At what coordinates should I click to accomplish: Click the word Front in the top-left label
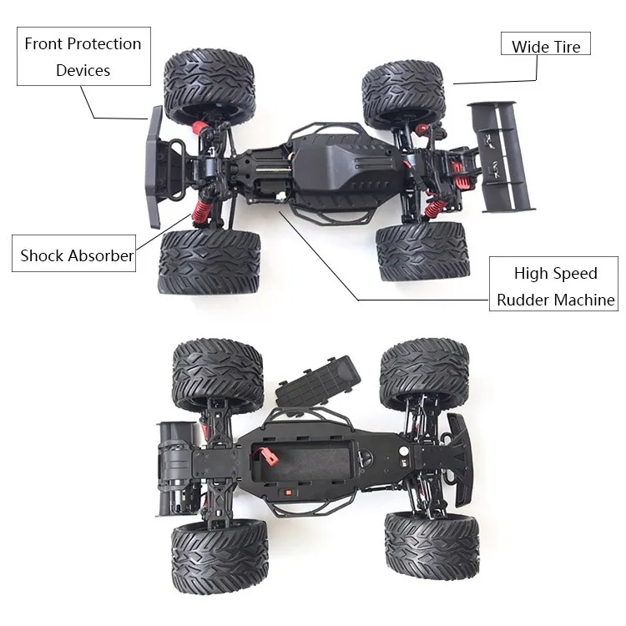[x=44, y=44]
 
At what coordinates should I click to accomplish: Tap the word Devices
[x=83, y=70]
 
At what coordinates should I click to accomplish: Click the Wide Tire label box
[x=545, y=45]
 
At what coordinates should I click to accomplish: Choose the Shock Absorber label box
[x=77, y=256]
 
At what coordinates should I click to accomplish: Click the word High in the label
[x=531, y=273]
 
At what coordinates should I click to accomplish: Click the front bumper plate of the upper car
[x=154, y=168]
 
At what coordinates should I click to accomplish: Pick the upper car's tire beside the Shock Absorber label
[x=209, y=262]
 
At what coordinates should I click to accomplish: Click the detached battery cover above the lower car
[x=318, y=381]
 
